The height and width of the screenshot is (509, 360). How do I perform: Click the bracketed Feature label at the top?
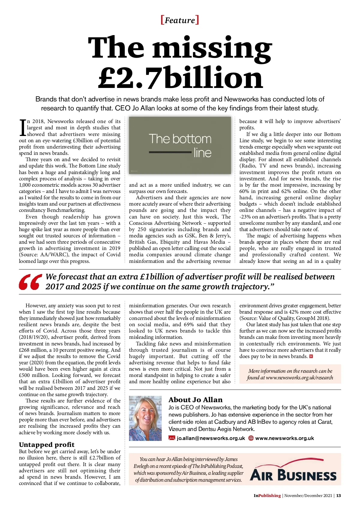[180, 20]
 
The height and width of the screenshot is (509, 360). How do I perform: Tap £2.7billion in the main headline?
[181, 77]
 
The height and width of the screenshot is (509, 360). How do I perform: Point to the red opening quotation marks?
[30, 282]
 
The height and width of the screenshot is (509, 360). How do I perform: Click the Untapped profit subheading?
[46, 444]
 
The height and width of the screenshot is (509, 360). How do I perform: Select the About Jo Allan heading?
[195, 400]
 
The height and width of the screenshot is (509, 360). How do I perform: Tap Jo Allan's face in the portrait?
[145, 413]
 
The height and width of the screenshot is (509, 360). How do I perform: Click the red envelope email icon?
[172, 438]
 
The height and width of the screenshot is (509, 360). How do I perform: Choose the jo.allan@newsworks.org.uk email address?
[211, 438]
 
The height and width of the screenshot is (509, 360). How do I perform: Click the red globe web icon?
[251, 438]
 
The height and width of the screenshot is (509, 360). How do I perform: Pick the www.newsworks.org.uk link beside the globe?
[284, 438]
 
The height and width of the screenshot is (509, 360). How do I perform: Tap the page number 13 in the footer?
[338, 495]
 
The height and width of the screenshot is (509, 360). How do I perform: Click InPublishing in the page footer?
[267, 495]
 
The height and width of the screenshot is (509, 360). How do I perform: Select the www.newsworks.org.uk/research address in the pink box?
[299, 378]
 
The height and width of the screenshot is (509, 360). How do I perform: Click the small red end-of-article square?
[311, 357]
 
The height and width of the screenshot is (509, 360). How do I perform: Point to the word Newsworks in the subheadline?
[241, 99]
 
